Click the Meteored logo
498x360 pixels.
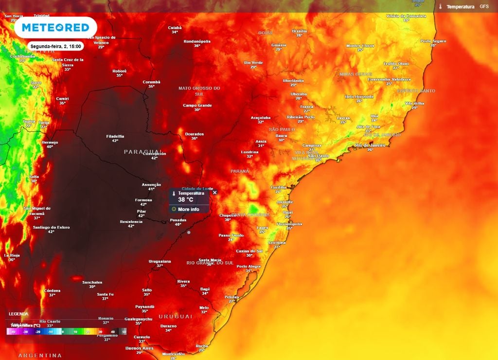point(55,27)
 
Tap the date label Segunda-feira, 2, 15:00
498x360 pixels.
point(56,46)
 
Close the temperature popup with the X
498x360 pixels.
point(215,193)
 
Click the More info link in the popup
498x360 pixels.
point(188,209)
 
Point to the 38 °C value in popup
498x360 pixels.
point(186,199)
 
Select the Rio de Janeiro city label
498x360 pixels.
point(370,145)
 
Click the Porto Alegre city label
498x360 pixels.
point(249,266)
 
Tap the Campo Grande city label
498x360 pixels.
point(197,105)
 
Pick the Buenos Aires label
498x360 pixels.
point(140,348)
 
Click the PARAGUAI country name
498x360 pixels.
point(143,152)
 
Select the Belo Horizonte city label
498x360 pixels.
point(359,96)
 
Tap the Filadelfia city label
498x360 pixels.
point(115,136)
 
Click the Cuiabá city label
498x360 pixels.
point(175,28)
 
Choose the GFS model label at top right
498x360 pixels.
point(484,6)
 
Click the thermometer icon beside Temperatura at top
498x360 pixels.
point(440,7)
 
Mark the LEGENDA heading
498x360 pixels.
point(18,314)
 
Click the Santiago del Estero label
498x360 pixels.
point(51,227)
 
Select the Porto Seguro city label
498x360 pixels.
point(433,41)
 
